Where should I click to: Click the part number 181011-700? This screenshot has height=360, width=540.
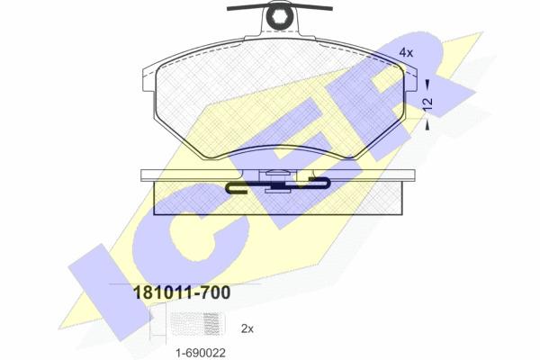(182, 292)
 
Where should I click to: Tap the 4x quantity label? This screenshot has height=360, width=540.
(406, 53)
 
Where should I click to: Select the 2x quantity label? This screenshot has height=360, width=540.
(247, 329)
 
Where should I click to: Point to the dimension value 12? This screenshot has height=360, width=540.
(427, 104)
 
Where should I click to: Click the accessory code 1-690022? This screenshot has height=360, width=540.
(201, 353)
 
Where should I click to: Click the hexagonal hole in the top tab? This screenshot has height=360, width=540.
(279, 14)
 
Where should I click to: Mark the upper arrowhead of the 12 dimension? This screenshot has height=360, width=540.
(427, 83)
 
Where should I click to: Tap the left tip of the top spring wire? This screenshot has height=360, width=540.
(228, 9)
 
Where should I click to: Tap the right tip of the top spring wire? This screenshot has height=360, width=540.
(331, 8)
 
